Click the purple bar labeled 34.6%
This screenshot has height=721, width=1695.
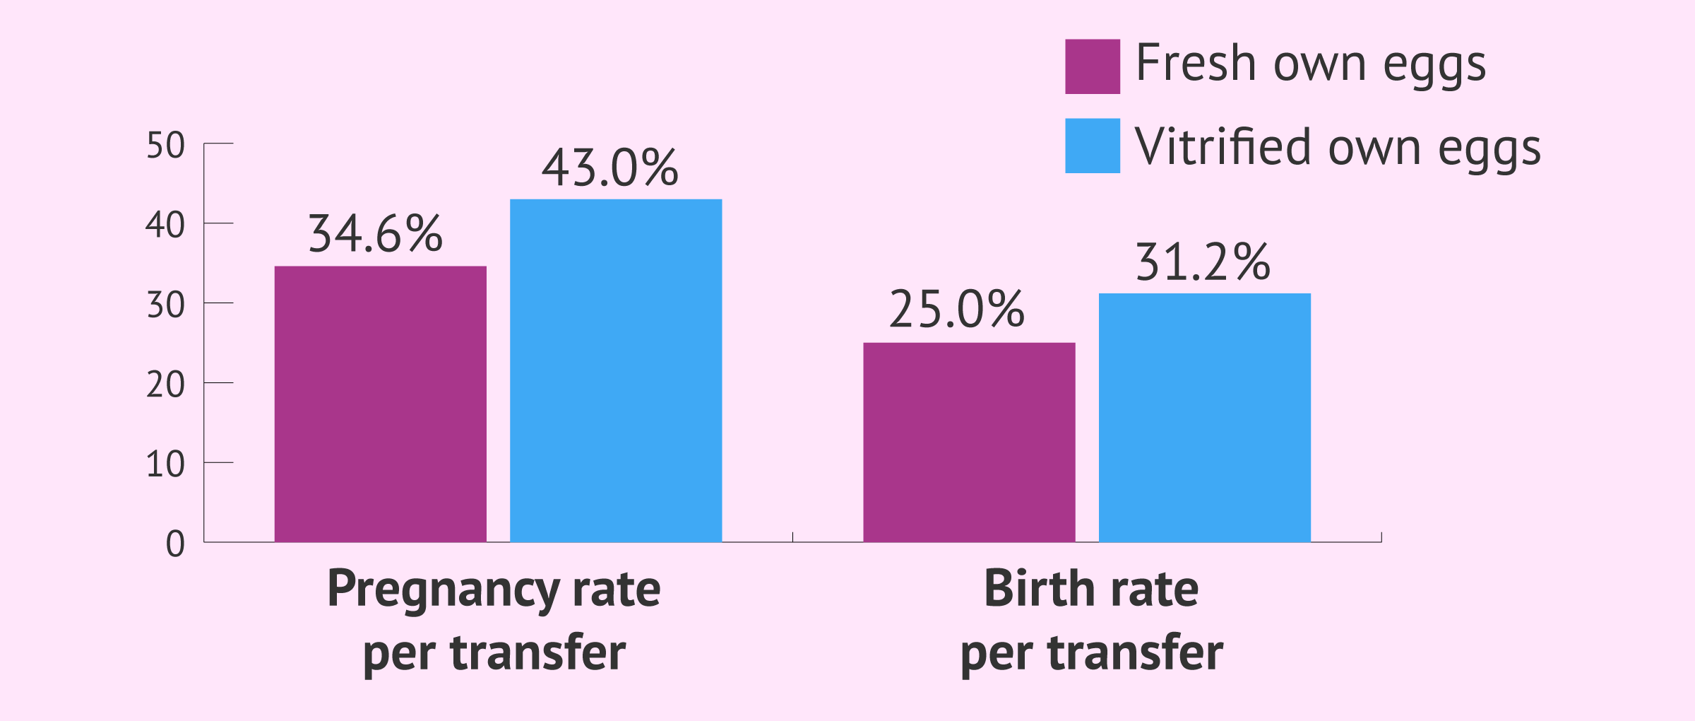coord(380,404)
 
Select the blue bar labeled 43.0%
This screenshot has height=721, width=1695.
coord(616,370)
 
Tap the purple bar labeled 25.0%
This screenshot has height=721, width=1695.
coord(969,442)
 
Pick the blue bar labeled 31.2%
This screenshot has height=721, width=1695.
coord(1204,417)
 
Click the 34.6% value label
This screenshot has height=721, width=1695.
coord(375,234)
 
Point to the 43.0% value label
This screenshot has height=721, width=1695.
coord(610,168)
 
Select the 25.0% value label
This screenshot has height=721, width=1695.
coord(956,310)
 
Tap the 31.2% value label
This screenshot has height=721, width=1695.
coord(1203,262)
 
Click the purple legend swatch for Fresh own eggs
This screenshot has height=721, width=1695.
coord(1092,66)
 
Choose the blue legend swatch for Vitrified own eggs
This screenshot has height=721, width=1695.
coord(1092,146)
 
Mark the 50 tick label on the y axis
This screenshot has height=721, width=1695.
coord(165,146)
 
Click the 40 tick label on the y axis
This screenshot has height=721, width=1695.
coord(165,225)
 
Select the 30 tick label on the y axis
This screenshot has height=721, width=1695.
coord(165,305)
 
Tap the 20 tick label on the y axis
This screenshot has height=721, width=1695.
coord(165,385)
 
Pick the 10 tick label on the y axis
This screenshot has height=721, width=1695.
coord(165,465)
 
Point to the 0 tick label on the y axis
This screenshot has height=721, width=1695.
coord(175,545)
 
